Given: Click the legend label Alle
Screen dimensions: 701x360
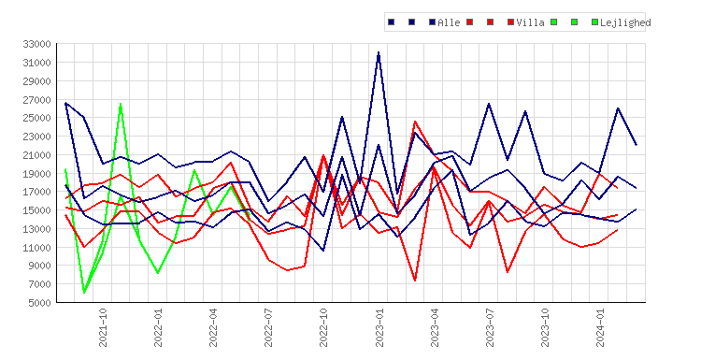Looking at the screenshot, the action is pos(449,22).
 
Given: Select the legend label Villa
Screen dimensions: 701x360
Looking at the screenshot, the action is pos(530,22).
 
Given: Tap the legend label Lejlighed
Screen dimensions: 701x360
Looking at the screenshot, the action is pos(625,22).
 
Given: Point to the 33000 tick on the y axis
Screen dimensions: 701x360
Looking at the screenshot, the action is pos(37,44).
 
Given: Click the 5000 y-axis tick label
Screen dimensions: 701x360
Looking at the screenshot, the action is pos(40,303).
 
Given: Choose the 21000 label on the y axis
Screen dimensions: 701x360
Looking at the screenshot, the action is pos(37,155).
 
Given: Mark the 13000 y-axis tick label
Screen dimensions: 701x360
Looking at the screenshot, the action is pos(37,229).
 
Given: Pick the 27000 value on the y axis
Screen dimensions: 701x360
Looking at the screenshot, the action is pos(37,100).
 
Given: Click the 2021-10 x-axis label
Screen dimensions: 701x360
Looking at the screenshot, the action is pos(103,327).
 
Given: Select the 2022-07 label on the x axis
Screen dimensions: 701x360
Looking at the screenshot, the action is pos(268,327).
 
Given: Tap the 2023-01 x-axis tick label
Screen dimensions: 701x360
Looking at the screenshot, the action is pos(379,327).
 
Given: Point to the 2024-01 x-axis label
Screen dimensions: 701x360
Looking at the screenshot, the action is pos(600,327).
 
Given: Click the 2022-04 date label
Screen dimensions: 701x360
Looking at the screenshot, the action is pos(213,327).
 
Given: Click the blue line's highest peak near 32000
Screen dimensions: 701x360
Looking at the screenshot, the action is pos(379,52).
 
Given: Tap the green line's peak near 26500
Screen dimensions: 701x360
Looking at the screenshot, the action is pos(121,104).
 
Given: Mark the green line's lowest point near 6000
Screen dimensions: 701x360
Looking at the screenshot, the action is pos(84,293).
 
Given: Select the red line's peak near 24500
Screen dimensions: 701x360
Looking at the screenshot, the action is pos(415,122).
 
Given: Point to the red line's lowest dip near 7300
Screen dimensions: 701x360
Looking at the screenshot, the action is pos(415,281).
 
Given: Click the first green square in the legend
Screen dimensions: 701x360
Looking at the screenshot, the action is pos(554,22).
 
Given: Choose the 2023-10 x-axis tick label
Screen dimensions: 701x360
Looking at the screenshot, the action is pos(545,327).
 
